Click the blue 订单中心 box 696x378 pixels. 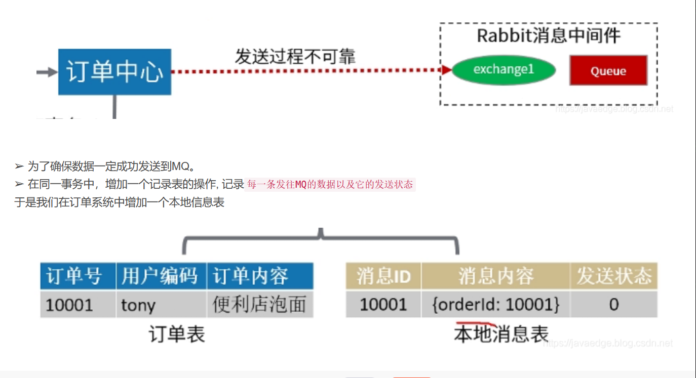pos(114,72)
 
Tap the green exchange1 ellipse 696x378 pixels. pos(504,70)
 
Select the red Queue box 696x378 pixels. pos(608,71)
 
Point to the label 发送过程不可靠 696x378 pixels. pos(295,56)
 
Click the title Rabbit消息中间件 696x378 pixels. pos(549,36)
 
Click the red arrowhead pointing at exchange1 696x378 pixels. pos(446,70)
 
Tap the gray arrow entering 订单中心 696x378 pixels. pos(47,72)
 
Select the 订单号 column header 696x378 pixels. pos(78,276)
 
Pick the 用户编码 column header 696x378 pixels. pos(161,276)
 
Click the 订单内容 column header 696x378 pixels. pos(259,276)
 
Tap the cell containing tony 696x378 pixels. pos(161,305)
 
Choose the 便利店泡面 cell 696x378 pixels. pos(259,305)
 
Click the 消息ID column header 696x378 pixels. pos(383,276)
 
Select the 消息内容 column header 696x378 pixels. pos(495,276)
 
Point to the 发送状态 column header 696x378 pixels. pos(613,276)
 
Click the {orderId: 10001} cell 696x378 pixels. pos(495,305)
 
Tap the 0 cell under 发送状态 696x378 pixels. pos(613,305)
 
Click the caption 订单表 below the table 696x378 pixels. pos(177,334)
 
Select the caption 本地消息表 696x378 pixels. pos(501,334)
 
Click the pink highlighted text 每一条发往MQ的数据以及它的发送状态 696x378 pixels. pos(330,185)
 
